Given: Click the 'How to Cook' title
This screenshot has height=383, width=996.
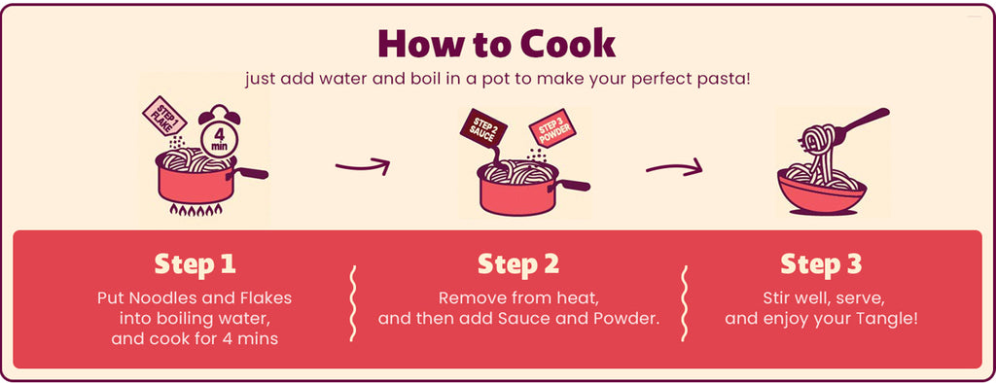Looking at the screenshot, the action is (497, 44).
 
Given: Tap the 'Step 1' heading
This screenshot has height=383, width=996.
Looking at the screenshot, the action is (195, 264).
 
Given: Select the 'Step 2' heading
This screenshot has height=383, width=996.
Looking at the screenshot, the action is (518, 264).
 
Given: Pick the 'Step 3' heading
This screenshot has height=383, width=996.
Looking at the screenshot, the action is (821, 264).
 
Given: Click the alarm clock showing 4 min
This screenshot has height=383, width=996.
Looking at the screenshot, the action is (219, 135).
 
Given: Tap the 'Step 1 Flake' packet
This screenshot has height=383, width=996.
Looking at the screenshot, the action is (164, 116).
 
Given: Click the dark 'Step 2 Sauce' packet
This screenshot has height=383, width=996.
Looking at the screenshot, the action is (483, 129).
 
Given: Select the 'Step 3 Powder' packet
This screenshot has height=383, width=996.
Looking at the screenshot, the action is (552, 131).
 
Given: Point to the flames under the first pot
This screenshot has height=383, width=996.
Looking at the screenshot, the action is (196, 210).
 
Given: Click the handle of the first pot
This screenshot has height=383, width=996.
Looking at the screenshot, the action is (252, 172).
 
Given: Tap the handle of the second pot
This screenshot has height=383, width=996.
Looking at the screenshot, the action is (574, 185).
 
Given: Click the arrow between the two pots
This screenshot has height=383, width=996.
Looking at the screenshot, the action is (363, 167).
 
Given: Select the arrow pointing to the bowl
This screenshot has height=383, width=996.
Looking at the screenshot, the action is (674, 167).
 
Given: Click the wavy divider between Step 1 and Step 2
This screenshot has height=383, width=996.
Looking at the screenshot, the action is (353, 303).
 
